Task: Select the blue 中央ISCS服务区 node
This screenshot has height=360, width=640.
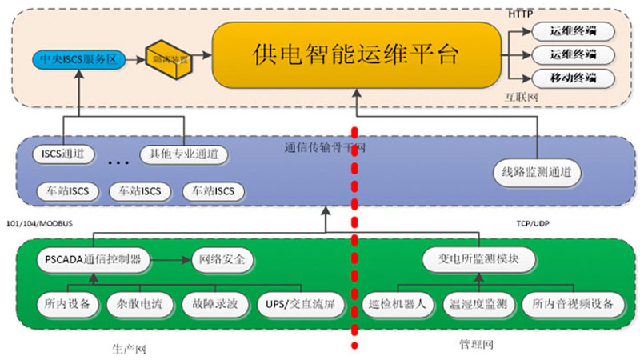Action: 79,59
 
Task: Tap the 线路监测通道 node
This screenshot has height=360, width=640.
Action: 537,171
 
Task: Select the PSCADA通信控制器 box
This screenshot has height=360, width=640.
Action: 94,259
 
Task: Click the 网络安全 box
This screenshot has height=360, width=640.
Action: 224,259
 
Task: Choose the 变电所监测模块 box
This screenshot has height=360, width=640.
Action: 479,259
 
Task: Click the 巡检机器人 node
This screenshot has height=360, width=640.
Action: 398,304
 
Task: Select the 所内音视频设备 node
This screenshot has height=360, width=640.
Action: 573,304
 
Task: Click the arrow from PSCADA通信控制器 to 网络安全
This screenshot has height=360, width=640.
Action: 171,259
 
